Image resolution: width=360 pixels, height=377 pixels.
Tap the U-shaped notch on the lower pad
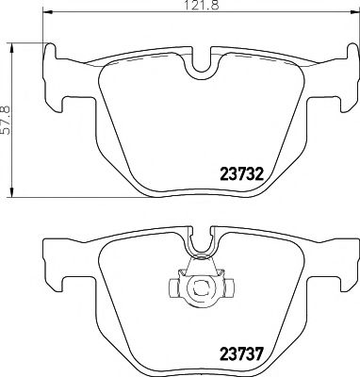pyautogui.click(x=199, y=247)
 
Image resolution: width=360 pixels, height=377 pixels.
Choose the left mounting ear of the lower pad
pyautogui.click(x=54, y=259)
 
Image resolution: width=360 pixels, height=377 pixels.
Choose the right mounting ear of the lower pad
pyautogui.click(x=344, y=259)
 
